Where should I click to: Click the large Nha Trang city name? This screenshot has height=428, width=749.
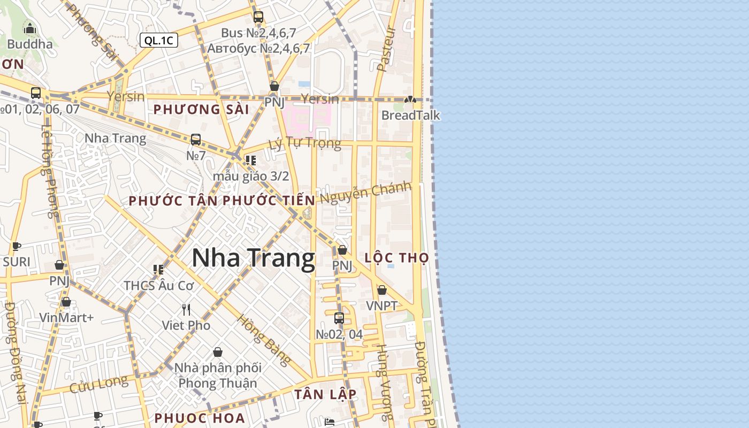253,258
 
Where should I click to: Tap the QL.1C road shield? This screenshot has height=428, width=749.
159,40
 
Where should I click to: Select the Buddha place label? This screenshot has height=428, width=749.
30,44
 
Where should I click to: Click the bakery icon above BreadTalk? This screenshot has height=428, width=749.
410,100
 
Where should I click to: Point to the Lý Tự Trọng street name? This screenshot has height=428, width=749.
305,143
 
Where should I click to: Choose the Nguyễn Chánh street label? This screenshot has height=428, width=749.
366,192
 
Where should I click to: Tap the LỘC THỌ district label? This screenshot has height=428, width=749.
396,258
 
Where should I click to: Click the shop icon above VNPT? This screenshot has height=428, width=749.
381,291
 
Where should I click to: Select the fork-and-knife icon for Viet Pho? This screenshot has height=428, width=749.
186,310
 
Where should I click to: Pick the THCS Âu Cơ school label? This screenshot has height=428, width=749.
159,286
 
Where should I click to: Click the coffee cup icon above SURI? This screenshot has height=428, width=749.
17,247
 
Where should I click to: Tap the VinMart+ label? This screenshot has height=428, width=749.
66,318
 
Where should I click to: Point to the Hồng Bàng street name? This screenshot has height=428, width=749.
264,340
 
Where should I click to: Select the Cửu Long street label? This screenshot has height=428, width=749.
99,384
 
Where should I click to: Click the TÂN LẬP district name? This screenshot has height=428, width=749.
325,394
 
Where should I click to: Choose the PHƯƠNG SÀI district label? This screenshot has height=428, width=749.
201,110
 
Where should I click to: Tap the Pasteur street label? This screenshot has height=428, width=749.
386,49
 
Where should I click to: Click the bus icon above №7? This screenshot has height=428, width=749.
196,140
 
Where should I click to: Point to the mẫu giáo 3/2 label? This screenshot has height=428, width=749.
251,176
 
